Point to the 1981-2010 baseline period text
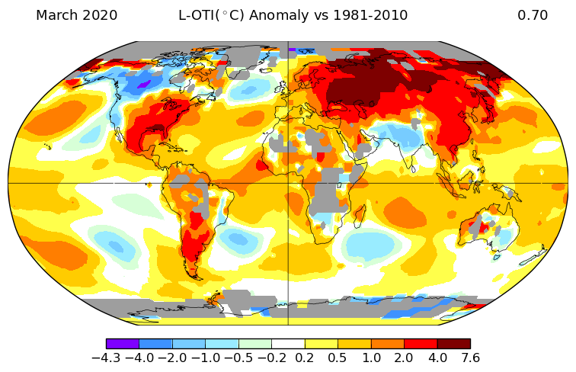[370, 15]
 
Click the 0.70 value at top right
[533, 15]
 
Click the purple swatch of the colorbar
[123, 344]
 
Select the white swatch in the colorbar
[288, 344]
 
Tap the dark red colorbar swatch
[453, 344]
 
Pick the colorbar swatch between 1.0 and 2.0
[387, 344]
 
